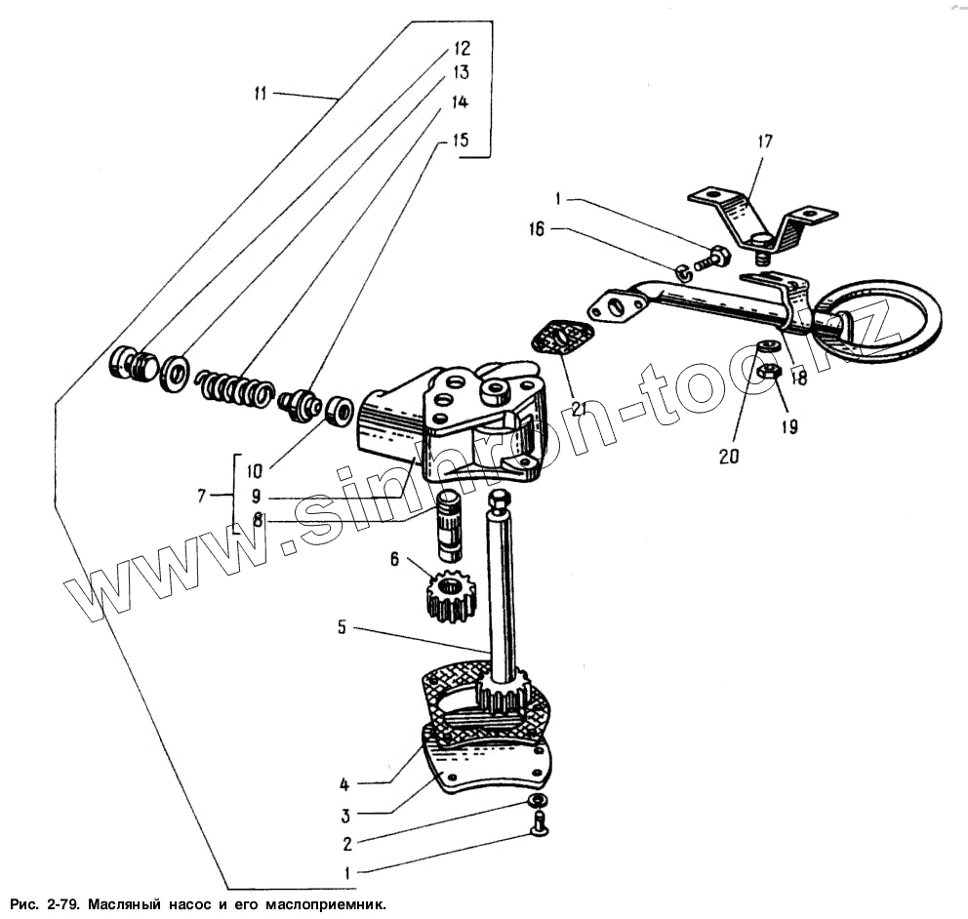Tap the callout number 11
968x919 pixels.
(x=260, y=94)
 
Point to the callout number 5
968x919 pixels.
(x=343, y=627)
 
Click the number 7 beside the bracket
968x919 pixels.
(x=201, y=496)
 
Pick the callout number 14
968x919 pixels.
(x=458, y=100)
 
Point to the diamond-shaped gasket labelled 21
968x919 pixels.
(x=563, y=344)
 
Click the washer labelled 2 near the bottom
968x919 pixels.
(x=537, y=801)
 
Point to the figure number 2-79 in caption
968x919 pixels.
(x=58, y=904)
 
